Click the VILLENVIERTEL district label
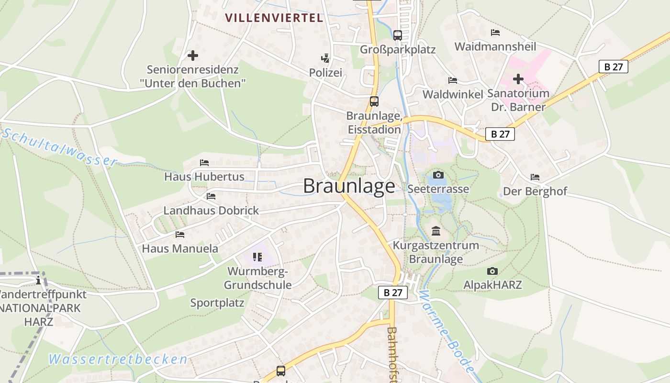(274, 18)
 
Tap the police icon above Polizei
(325, 58)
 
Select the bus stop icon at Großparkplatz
(398, 35)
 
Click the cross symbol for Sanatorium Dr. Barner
(518, 79)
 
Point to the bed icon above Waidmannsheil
(495, 33)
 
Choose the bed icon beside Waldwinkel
(453, 80)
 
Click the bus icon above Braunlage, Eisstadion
(374, 101)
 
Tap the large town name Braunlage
(349, 186)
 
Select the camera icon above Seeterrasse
(438, 175)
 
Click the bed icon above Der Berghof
(535, 177)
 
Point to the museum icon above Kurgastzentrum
(436, 231)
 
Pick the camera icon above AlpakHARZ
(492, 271)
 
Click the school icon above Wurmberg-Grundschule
(257, 257)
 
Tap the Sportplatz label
(217, 303)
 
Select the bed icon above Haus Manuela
(180, 235)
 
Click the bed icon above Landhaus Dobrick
(211, 196)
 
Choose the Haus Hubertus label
(204, 177)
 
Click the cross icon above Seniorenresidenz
(193, 56)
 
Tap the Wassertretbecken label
(118, 359)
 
